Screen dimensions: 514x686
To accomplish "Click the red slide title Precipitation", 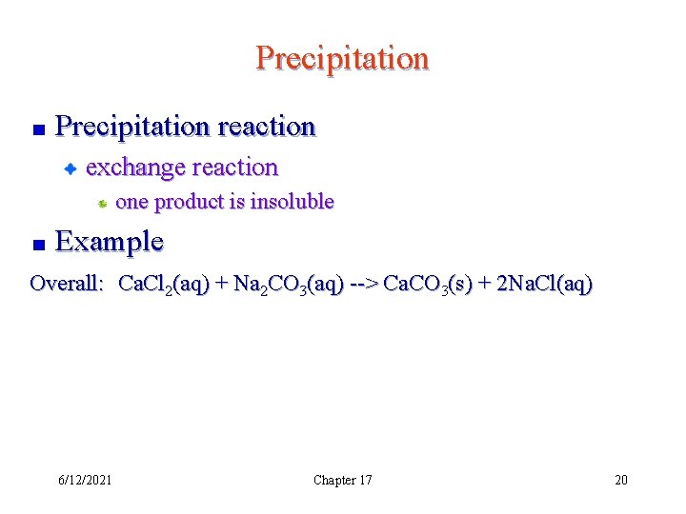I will pos(342,59).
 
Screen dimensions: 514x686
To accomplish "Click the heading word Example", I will pos(110,242).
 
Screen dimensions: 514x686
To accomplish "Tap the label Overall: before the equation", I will pos(67,284).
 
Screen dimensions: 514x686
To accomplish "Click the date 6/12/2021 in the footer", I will pos(84,480).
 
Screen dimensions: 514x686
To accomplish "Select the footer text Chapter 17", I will pos(342,480).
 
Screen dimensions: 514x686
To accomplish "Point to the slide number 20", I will pos(620,480).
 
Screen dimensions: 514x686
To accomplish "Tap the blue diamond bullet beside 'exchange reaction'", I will pos(70,169).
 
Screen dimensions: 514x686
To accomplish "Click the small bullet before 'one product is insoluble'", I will pos(102,203).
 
